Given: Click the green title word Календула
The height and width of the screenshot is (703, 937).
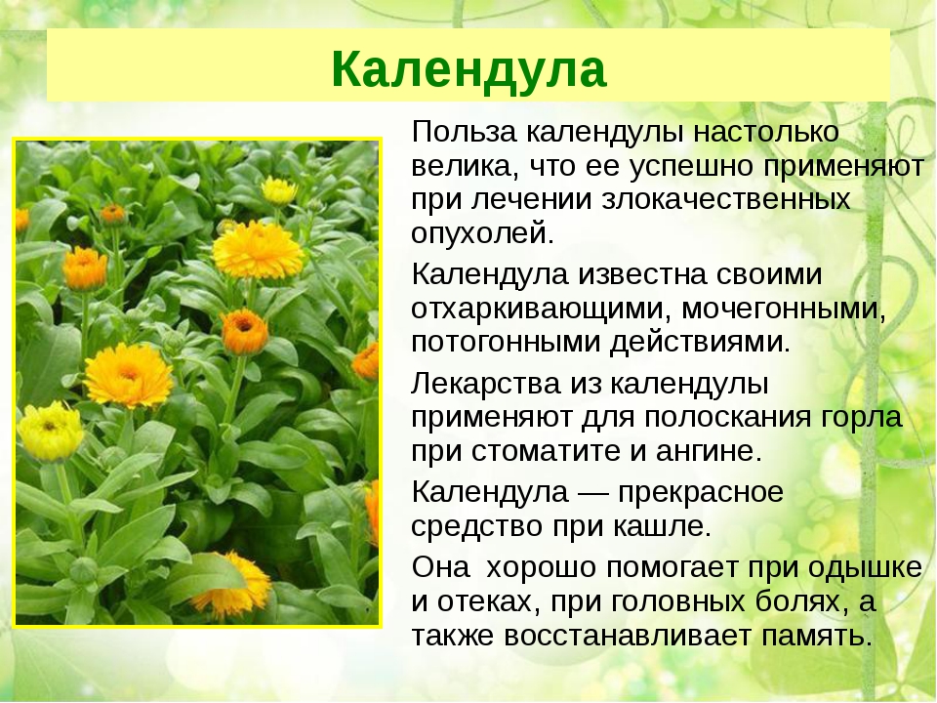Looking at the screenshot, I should [x=468, y=67].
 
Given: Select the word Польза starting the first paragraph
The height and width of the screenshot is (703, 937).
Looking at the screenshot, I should [x=466, y=131].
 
